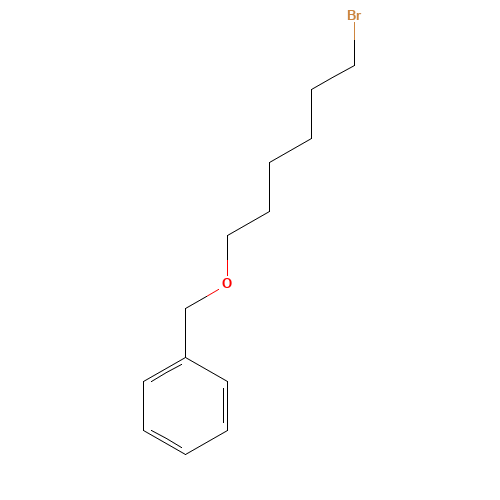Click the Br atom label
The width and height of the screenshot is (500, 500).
pyautogui.click(x=354, y=15)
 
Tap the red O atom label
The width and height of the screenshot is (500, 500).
pyautogui.click(x=227, y=283)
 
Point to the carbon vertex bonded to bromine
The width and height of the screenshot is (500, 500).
pyautogui.click(x=354, y=65)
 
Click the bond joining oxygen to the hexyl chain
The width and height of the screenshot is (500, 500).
pyautogui.click(x=227, y=256)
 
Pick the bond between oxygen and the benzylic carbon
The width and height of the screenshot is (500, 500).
pyautogui.click(x=202, y=299)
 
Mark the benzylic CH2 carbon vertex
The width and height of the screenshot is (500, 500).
pyautogui.click(x=185, y=309)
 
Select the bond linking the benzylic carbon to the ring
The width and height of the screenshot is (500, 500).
pyautogui.click(x=185, y=333)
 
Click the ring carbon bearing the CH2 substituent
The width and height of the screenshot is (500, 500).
pyautogui.click(x=185, y=358)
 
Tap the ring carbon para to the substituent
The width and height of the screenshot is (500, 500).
pyautogui.click(x=185, y=454)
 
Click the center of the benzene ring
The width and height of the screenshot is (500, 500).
pyautogui.click(x=185, y=406)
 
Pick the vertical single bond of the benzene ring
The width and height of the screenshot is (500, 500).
pyautogui.click(x=143, y=406)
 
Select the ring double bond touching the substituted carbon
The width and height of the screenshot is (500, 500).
pyautogui.click(x=164, y=371)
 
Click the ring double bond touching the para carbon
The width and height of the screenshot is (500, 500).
pyautogui.click(x=164, y=441)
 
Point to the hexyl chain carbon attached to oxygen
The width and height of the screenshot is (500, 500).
pyautogui.click(x=227, y=236)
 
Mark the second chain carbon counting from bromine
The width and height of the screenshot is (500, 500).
pyautogui.click(x=312, y=89)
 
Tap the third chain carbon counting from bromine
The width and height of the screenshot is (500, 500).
pyautogui.click(x=312, y=138)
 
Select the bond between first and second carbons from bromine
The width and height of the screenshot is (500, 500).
pyautogui.click(x=333, y=77)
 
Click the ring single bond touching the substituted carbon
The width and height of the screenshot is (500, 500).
pyautogui.click(x=207, y=369)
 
